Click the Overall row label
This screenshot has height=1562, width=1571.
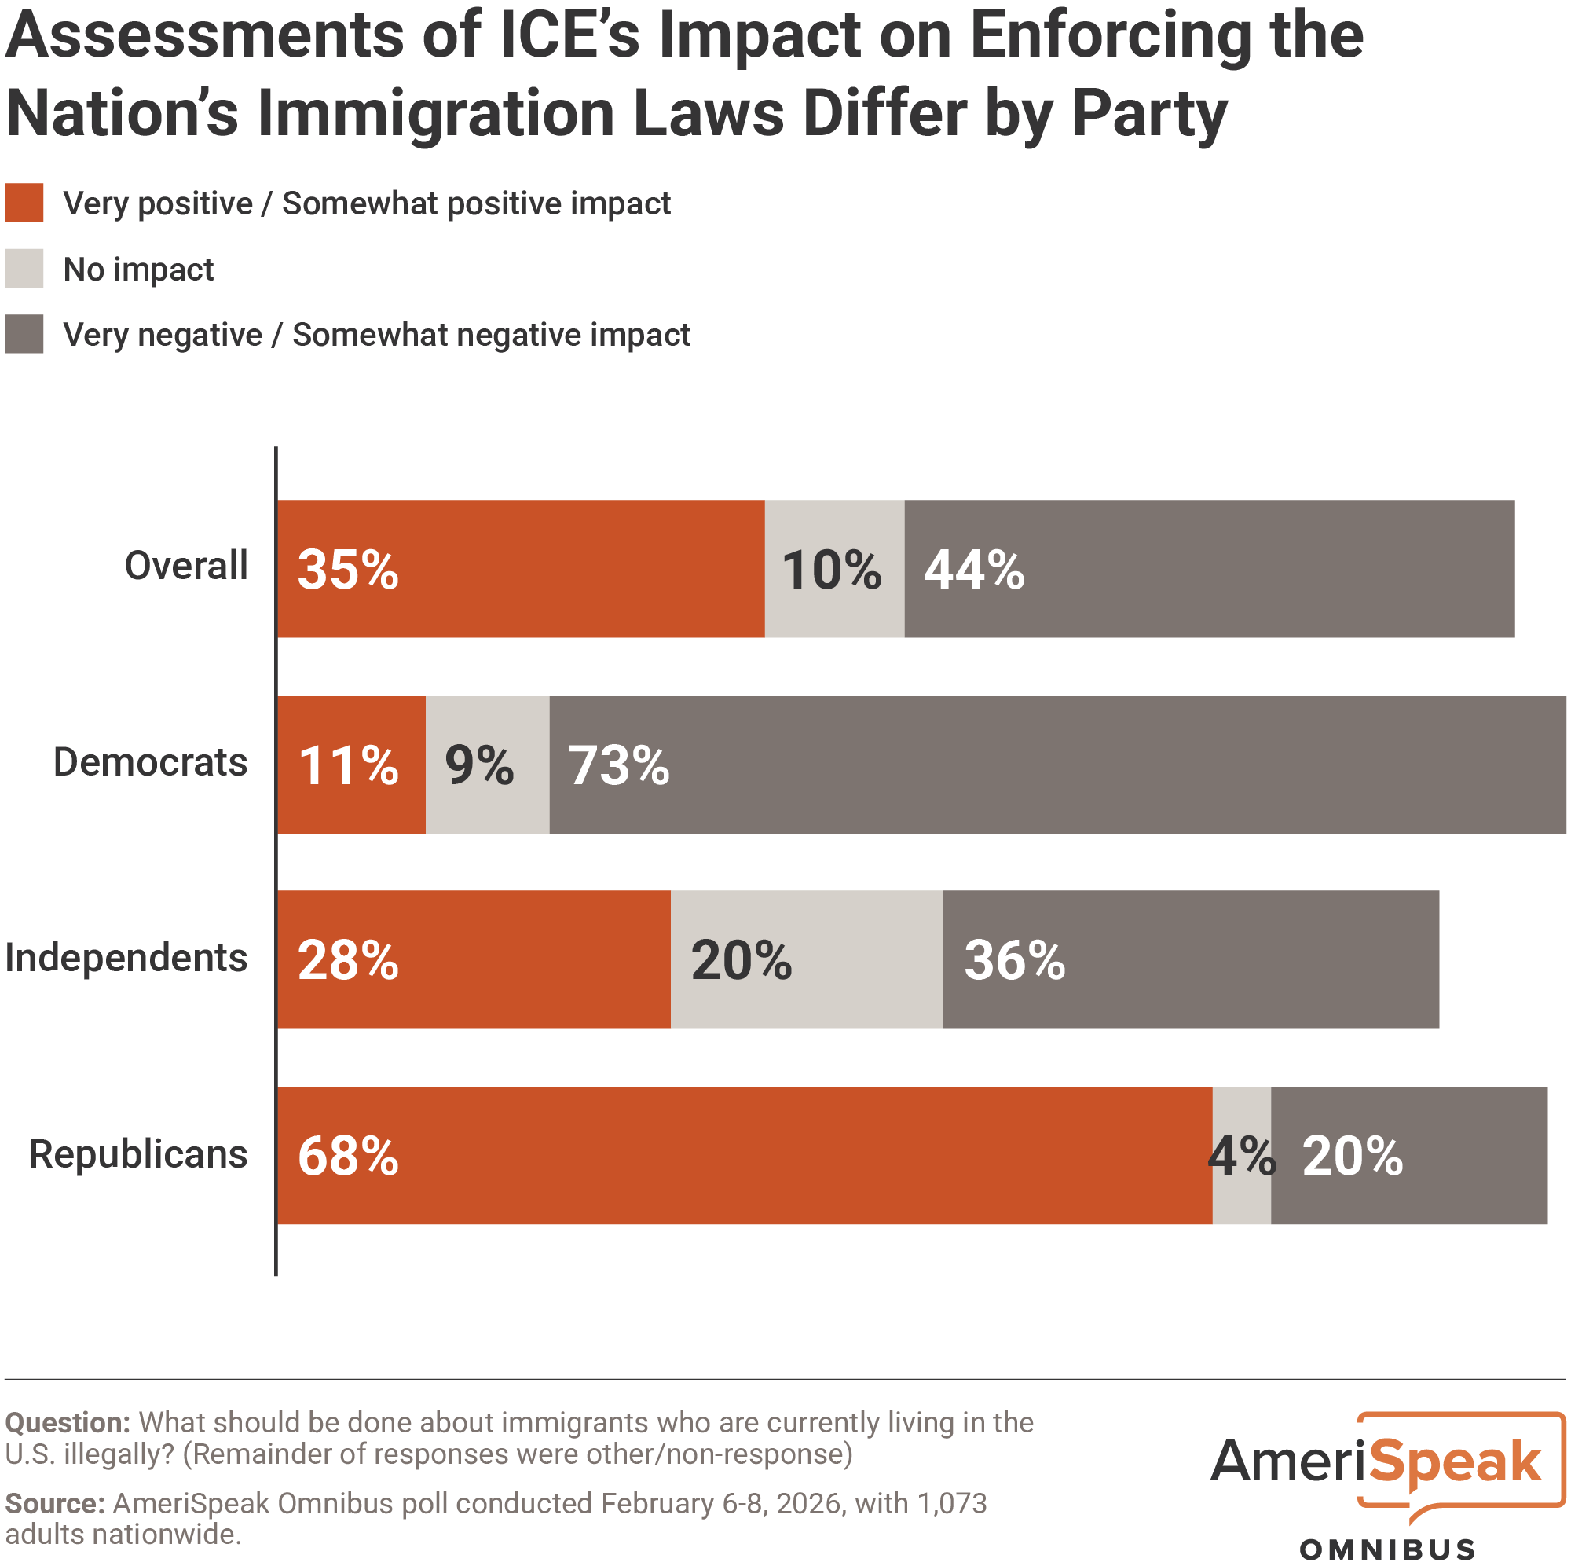[185, 566]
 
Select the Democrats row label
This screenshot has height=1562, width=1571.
[151, 762]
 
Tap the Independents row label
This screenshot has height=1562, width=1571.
[126, 958]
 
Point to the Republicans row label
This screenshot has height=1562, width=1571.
[138, 1153]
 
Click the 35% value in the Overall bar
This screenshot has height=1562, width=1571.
[348, 570]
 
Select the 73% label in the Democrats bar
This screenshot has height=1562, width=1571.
[619, 765]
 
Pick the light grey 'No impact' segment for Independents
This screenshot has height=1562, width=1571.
[807, 959]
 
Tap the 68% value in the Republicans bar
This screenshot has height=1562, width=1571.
[348, 1156]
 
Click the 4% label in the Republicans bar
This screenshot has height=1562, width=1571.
[1242, 1156]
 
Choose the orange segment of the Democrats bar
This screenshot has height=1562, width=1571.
[351, 764]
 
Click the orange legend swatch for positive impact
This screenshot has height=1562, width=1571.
[24, 203]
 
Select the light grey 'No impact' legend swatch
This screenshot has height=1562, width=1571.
[24, 269]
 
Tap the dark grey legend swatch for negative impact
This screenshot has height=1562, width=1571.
[24, 335]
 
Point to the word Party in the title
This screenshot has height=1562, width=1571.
[1148, 114]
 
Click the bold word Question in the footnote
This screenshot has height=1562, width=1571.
[67, 1422]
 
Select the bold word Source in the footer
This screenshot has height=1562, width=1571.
[53, 1502]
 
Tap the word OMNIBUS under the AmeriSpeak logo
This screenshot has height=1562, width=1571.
[1387, 1549]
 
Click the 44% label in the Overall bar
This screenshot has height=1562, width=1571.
[973, 570]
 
